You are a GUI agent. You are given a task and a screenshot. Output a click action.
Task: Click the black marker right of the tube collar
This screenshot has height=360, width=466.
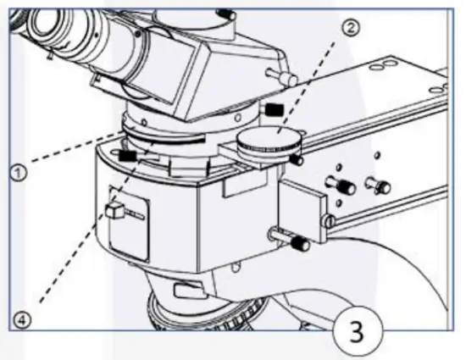pos(273,108)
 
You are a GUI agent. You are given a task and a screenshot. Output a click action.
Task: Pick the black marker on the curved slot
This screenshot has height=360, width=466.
pos(129,155)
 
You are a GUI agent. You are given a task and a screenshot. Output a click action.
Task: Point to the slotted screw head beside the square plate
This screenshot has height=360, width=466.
pos(327,221)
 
